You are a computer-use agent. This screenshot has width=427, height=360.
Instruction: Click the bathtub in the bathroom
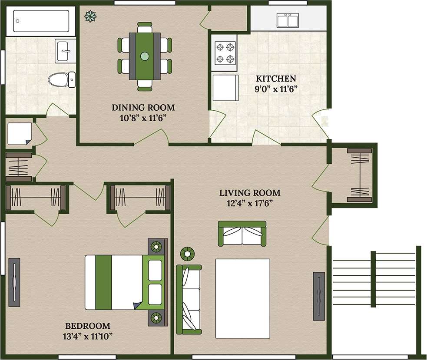click(41, 20)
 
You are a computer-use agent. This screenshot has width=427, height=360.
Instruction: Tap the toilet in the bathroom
click(61, 79)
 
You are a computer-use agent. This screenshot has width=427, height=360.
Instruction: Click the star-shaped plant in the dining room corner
click(91, 16)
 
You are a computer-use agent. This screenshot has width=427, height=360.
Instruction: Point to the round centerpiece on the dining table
click(145, 56)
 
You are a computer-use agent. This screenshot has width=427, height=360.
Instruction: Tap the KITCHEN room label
click(276, 79)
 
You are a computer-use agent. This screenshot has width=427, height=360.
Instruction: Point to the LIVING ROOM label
click(250, 193)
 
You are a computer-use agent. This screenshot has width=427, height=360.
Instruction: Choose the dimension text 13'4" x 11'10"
click(87, 335)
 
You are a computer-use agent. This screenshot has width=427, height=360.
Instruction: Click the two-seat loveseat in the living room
click(242, 234)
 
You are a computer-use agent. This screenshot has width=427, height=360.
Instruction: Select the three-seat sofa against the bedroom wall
click(189, 299)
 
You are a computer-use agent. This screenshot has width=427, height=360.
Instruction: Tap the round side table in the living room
click(188, 253)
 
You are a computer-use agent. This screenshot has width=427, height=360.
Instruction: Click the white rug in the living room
click(244, 298)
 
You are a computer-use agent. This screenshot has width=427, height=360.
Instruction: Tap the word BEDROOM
click(87, 326)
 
